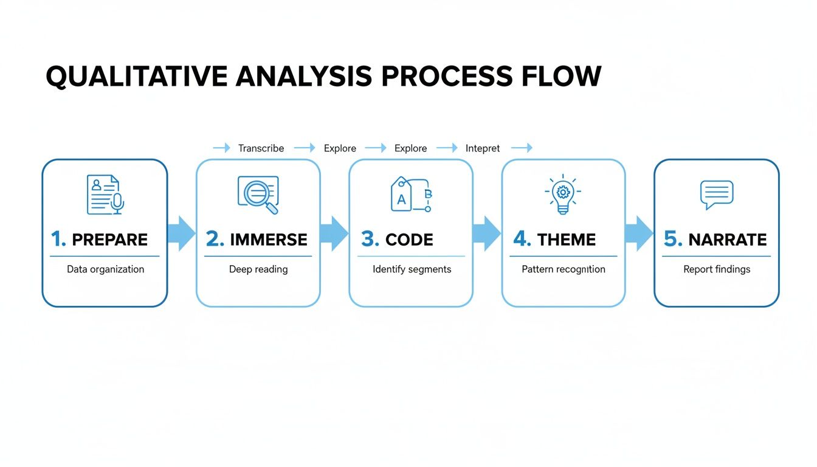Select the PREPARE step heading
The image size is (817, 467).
[109, 240]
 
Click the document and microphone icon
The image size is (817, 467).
[105, 195]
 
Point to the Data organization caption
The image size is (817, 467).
[105, 269]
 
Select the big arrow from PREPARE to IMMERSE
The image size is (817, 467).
[181, 233]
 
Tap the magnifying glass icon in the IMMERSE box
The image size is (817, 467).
[258, 195]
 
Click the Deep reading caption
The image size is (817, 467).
[258, 269]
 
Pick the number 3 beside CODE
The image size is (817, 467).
[369, 239]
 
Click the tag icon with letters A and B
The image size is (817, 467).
[410, 195]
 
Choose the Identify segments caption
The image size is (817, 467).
[412, 269]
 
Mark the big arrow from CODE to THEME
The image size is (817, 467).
[486, 233]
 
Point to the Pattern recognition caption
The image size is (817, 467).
[564, 269]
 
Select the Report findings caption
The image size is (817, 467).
[717, 269]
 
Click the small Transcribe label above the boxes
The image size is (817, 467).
[261, 148]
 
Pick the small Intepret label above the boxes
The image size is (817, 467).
[483, 148]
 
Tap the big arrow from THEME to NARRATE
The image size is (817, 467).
[639, 233]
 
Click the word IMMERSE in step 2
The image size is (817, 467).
[268, 240]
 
